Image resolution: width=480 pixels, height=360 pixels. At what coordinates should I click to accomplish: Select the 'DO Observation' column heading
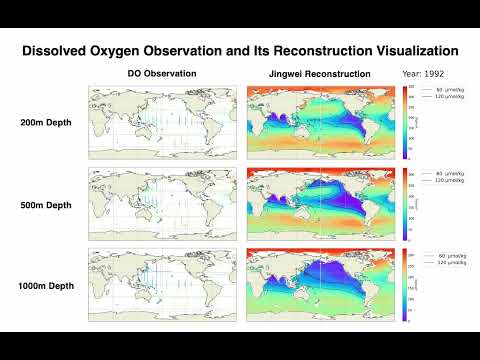pyautogui.click(x=162, y=75)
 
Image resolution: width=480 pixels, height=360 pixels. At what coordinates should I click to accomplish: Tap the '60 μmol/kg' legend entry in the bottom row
pyautogui.click(x=444, y=255)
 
